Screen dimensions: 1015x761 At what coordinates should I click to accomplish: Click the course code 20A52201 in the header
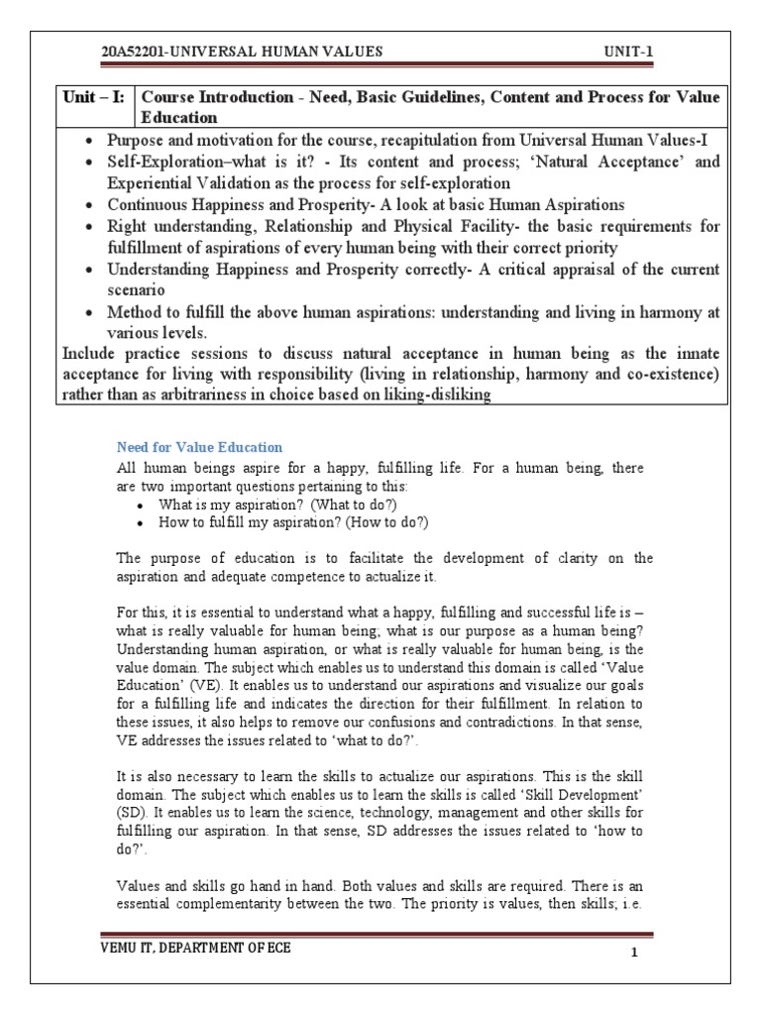click(x=135, y=52)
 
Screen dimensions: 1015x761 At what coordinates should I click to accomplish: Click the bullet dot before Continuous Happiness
click(x=90, y=205)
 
